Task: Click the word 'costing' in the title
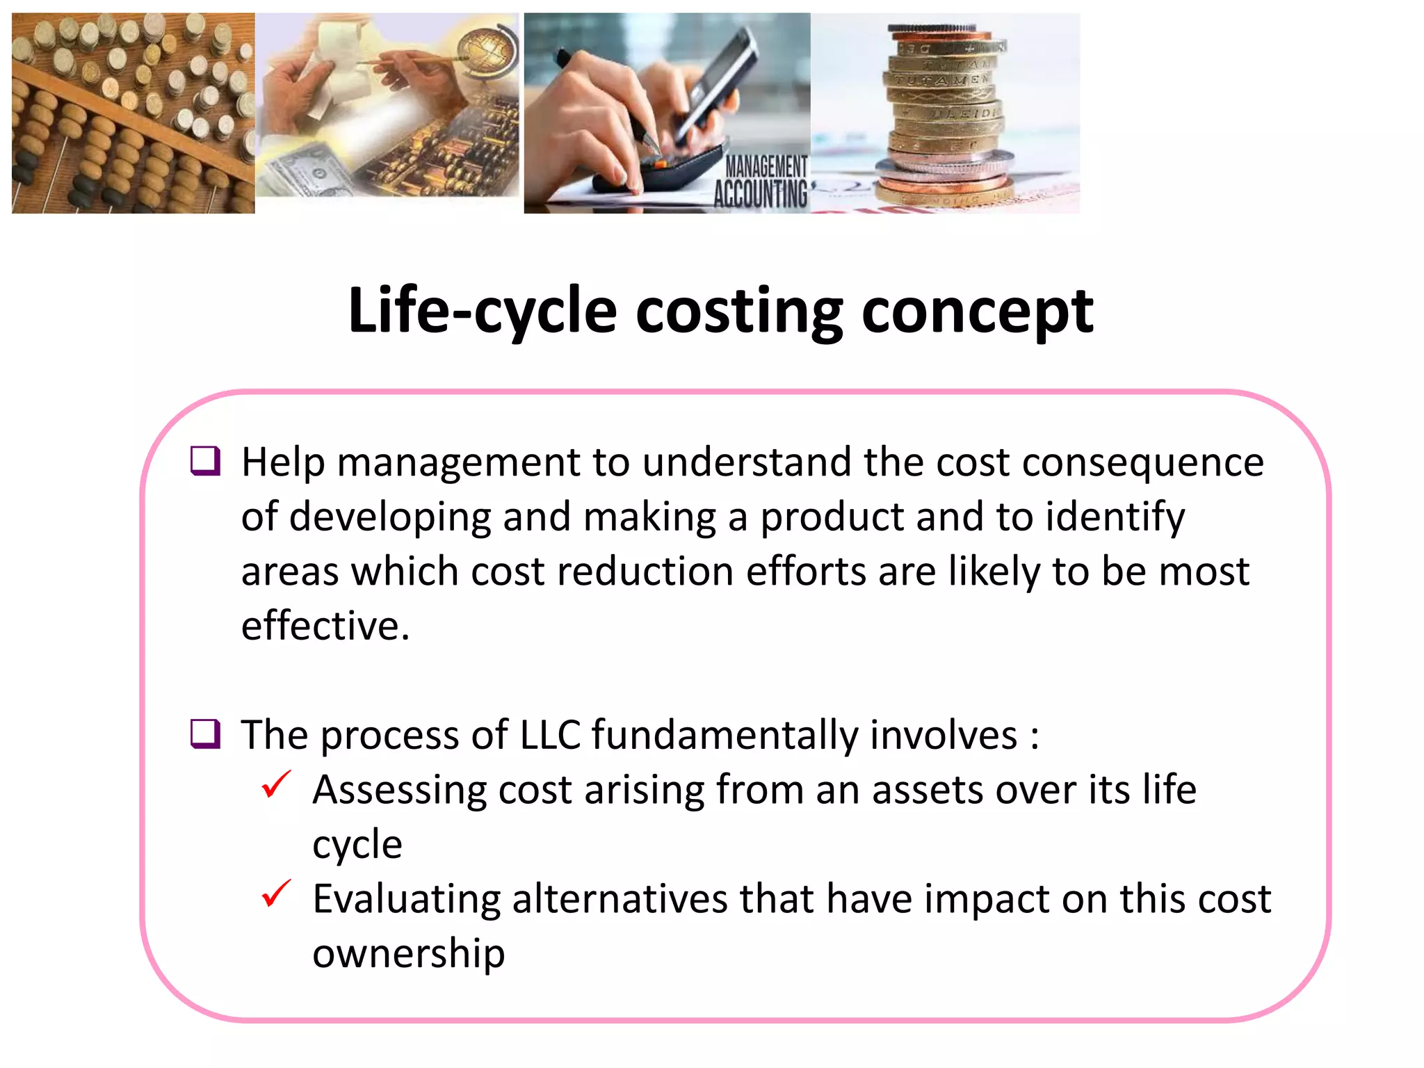click(738, 311)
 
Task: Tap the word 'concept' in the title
click(977, 311)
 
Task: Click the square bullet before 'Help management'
click(206, 461)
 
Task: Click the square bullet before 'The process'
click(206, 734)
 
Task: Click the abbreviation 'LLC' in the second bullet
click(550, 735)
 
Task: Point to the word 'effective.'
click(325, 626)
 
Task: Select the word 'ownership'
click(408, 953)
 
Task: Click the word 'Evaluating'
click(406, 899)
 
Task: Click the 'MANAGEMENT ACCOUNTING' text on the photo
click(762, 182)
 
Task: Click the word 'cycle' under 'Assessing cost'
click(357, 845)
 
